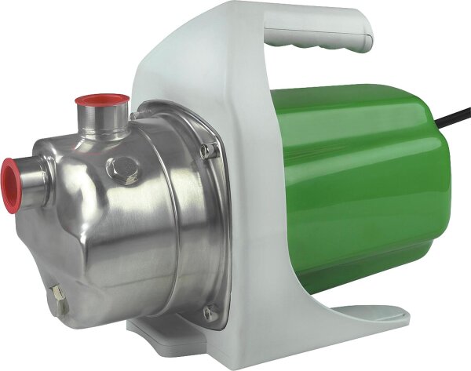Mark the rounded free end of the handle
361,35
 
